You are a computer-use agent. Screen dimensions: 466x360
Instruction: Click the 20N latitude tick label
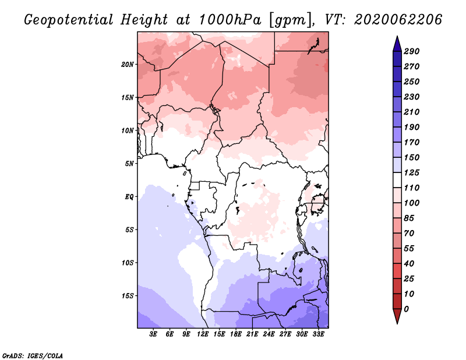point(128,65)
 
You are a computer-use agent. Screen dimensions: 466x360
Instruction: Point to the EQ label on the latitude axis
point(129,197)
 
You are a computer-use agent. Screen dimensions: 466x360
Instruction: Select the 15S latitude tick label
point(128,296)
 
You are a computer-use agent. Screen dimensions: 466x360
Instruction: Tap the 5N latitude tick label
point(129,164)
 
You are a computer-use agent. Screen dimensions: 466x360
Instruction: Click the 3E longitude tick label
point(153,334)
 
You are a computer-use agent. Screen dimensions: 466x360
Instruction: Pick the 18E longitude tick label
point(235,334)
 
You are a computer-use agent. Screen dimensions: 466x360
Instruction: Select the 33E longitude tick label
point(318,334)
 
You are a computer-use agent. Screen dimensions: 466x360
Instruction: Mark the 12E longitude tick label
point(202,334)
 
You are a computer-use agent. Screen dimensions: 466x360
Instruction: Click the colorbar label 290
point(412,51)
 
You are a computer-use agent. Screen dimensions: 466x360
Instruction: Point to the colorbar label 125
point(412,172)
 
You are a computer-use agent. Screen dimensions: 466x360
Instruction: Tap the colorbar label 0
point(406,309)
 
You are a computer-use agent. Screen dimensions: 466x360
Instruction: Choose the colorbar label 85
point(409,218)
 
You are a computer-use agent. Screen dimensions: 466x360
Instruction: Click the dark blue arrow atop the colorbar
point(397,44)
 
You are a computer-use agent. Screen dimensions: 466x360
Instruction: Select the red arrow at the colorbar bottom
point(397,316)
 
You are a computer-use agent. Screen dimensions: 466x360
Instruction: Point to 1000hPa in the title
point(230,20)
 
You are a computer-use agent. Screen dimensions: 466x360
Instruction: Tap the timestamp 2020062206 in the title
point(398,20)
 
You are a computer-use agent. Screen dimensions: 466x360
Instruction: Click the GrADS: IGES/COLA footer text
point(33,356)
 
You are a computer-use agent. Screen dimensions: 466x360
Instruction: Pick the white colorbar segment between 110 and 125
point(397,180)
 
